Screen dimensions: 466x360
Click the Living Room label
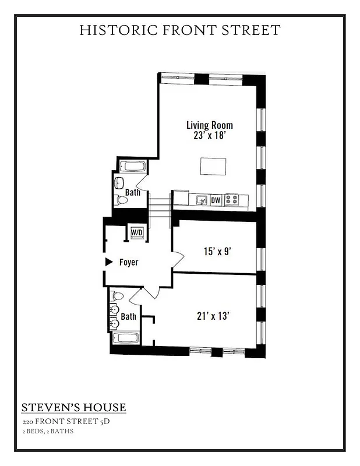point(210,125)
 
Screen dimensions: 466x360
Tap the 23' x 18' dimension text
point(210,136)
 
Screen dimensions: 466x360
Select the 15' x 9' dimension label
point(218,252)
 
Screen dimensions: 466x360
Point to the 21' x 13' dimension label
point(213,316)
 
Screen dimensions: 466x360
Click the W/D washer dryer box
point(137,232)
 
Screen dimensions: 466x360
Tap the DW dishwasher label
point(216,200)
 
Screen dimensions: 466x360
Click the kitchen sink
point(201,200)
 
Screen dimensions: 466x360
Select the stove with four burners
point(231,200)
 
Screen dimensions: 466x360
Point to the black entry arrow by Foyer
point(108,262)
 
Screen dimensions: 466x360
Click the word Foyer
point(129,263)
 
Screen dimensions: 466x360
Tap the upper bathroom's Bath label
point(133,192)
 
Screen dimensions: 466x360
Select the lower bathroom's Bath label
point(129,317)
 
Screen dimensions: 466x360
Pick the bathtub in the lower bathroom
point(125,338)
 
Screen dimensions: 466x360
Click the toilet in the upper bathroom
point(121,200)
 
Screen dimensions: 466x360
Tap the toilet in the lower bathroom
point(115,296)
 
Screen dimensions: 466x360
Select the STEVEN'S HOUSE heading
point(73,407)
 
